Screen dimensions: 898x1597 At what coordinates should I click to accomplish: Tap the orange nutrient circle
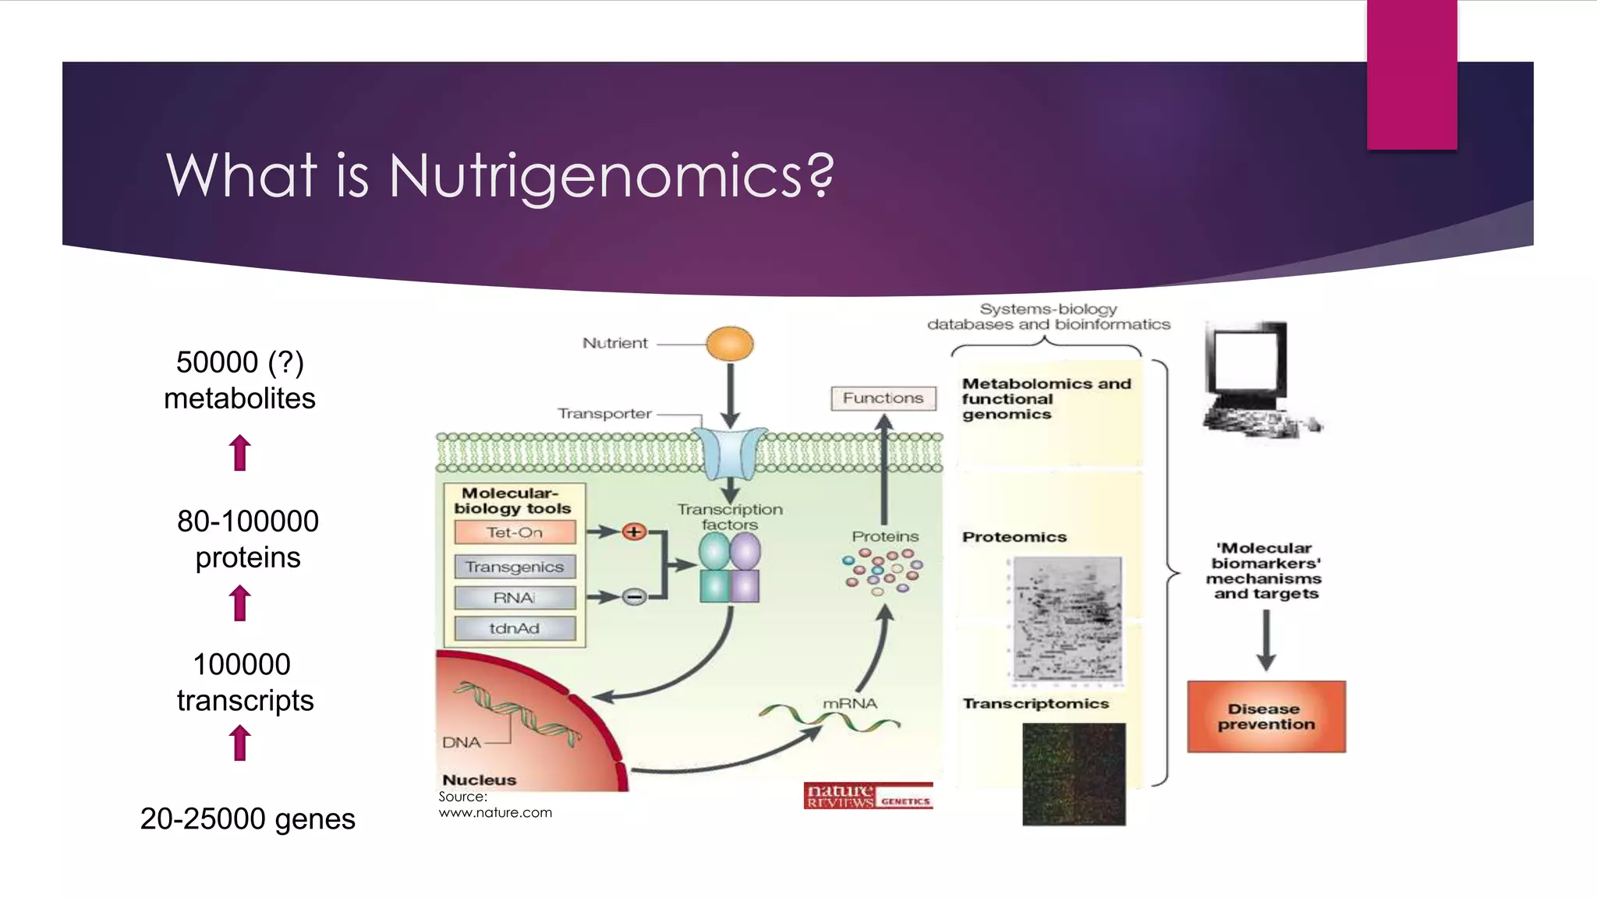click(x=730, y=344)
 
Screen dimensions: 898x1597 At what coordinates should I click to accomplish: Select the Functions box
click(x=883, y=398)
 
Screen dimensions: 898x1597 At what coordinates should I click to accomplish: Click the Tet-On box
click(x=515, y=532)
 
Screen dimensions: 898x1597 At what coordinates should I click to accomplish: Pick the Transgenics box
click(x=515, y=567)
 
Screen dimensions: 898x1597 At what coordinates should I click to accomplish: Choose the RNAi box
click(x=515, y=598)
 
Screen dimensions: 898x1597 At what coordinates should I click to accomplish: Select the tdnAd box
click(x=515, y=628)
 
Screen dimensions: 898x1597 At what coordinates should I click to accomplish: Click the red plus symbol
click(x=634, y=532)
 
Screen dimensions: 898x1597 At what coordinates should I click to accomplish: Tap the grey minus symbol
click(x=634, y=598)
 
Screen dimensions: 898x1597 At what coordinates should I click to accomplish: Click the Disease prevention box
click(x=1266, y=716)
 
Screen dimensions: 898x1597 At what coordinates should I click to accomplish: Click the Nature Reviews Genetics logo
click(x=868, y=796)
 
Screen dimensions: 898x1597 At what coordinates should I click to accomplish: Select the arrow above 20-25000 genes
click(x=240, y=742)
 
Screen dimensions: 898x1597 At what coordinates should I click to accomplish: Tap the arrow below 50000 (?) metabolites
click(x=240, y=452)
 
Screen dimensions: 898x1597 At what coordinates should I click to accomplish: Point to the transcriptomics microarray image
click(x=1074, y=774)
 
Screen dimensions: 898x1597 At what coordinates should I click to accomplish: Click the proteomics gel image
click(x=1067, y=620)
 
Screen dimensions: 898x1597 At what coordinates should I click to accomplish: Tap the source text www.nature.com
click(x=495, y=812)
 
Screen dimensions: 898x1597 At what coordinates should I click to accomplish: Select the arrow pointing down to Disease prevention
click(x=1266, y=639)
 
